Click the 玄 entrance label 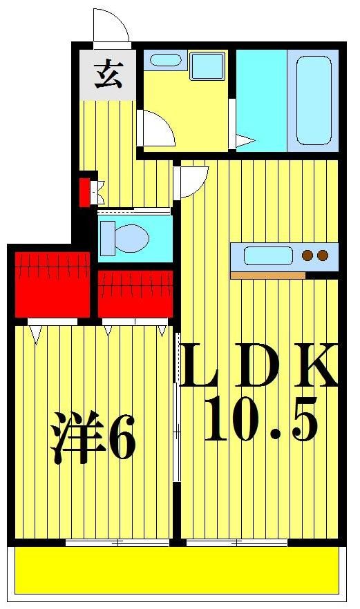coord(108,74)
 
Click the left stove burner coord(308,256)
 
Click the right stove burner coord(323,256)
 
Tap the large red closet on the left coord(53,283)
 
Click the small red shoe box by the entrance coord(86,191)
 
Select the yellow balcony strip coord(177,569)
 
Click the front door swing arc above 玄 coord(111,26)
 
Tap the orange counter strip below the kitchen coord(267,275)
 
